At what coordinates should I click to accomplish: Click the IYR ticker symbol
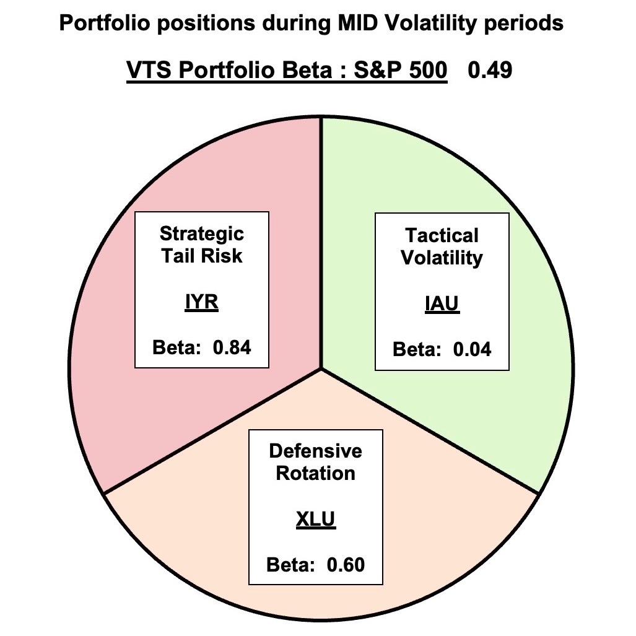(202, 303)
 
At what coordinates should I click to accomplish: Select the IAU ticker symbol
(442, 304)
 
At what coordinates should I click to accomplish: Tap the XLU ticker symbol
(315, 519)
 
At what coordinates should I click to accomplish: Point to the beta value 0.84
(232, 347)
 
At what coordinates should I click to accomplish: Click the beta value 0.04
(472, 349)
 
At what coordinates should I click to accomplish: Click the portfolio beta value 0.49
(489, 71)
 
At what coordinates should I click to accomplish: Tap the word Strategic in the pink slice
(202, 233)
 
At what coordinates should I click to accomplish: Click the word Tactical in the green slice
(442, 235)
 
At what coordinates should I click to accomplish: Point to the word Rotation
(315, 473)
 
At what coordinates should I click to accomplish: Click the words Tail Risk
(202, 256)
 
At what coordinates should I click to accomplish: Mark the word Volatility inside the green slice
(442, 258)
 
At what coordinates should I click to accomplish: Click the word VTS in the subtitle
(147, 71)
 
